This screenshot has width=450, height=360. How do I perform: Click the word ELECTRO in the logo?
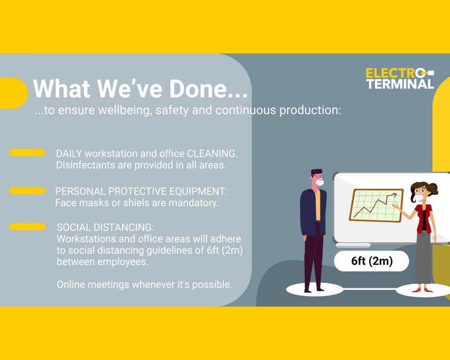coord(396,73)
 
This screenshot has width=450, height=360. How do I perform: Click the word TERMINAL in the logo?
coord(400,84)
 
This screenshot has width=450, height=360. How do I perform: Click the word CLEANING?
coord(212,153)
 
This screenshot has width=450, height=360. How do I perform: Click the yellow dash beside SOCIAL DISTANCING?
coord(27,226)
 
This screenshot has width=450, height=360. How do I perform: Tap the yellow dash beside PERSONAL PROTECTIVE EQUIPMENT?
coord(27,191)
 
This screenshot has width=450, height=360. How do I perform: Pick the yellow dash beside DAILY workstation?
coord(27,153)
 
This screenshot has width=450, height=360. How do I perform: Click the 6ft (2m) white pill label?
coord(372,261)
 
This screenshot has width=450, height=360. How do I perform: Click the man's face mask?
coord(319,182)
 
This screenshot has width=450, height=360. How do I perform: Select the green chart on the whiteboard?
coord(376,206)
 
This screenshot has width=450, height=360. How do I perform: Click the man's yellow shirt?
coord(317,205)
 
